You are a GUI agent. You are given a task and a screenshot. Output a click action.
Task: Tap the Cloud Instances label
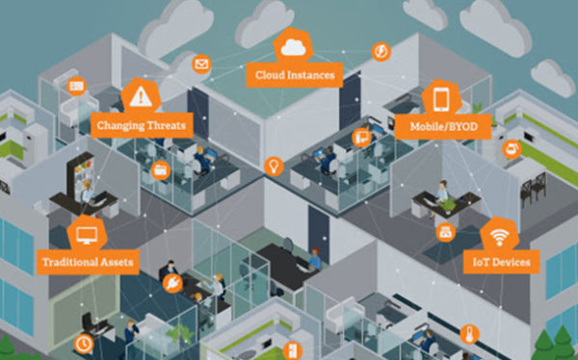click(x=294, y=73)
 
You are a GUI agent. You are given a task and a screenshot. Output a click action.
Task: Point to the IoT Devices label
click(x=500, y=261)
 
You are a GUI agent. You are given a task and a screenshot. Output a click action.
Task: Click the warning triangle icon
click(x=142, y=95)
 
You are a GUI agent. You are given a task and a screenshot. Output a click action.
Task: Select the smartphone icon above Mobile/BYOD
click(x=442, y=98)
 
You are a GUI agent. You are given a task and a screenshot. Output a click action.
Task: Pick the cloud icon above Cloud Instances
click(x=293, y=46)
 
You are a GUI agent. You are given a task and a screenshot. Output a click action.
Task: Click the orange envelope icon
click(x=201, y=64)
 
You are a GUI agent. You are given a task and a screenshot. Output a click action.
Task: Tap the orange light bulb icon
click(x=274, y=166)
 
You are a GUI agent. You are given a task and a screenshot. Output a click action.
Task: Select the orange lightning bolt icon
click(x=381, y=51)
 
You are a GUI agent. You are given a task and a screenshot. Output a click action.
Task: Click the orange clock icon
click(x=85, y=343)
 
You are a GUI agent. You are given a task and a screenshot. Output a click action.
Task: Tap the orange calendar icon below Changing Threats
click(x=161, y=169)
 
